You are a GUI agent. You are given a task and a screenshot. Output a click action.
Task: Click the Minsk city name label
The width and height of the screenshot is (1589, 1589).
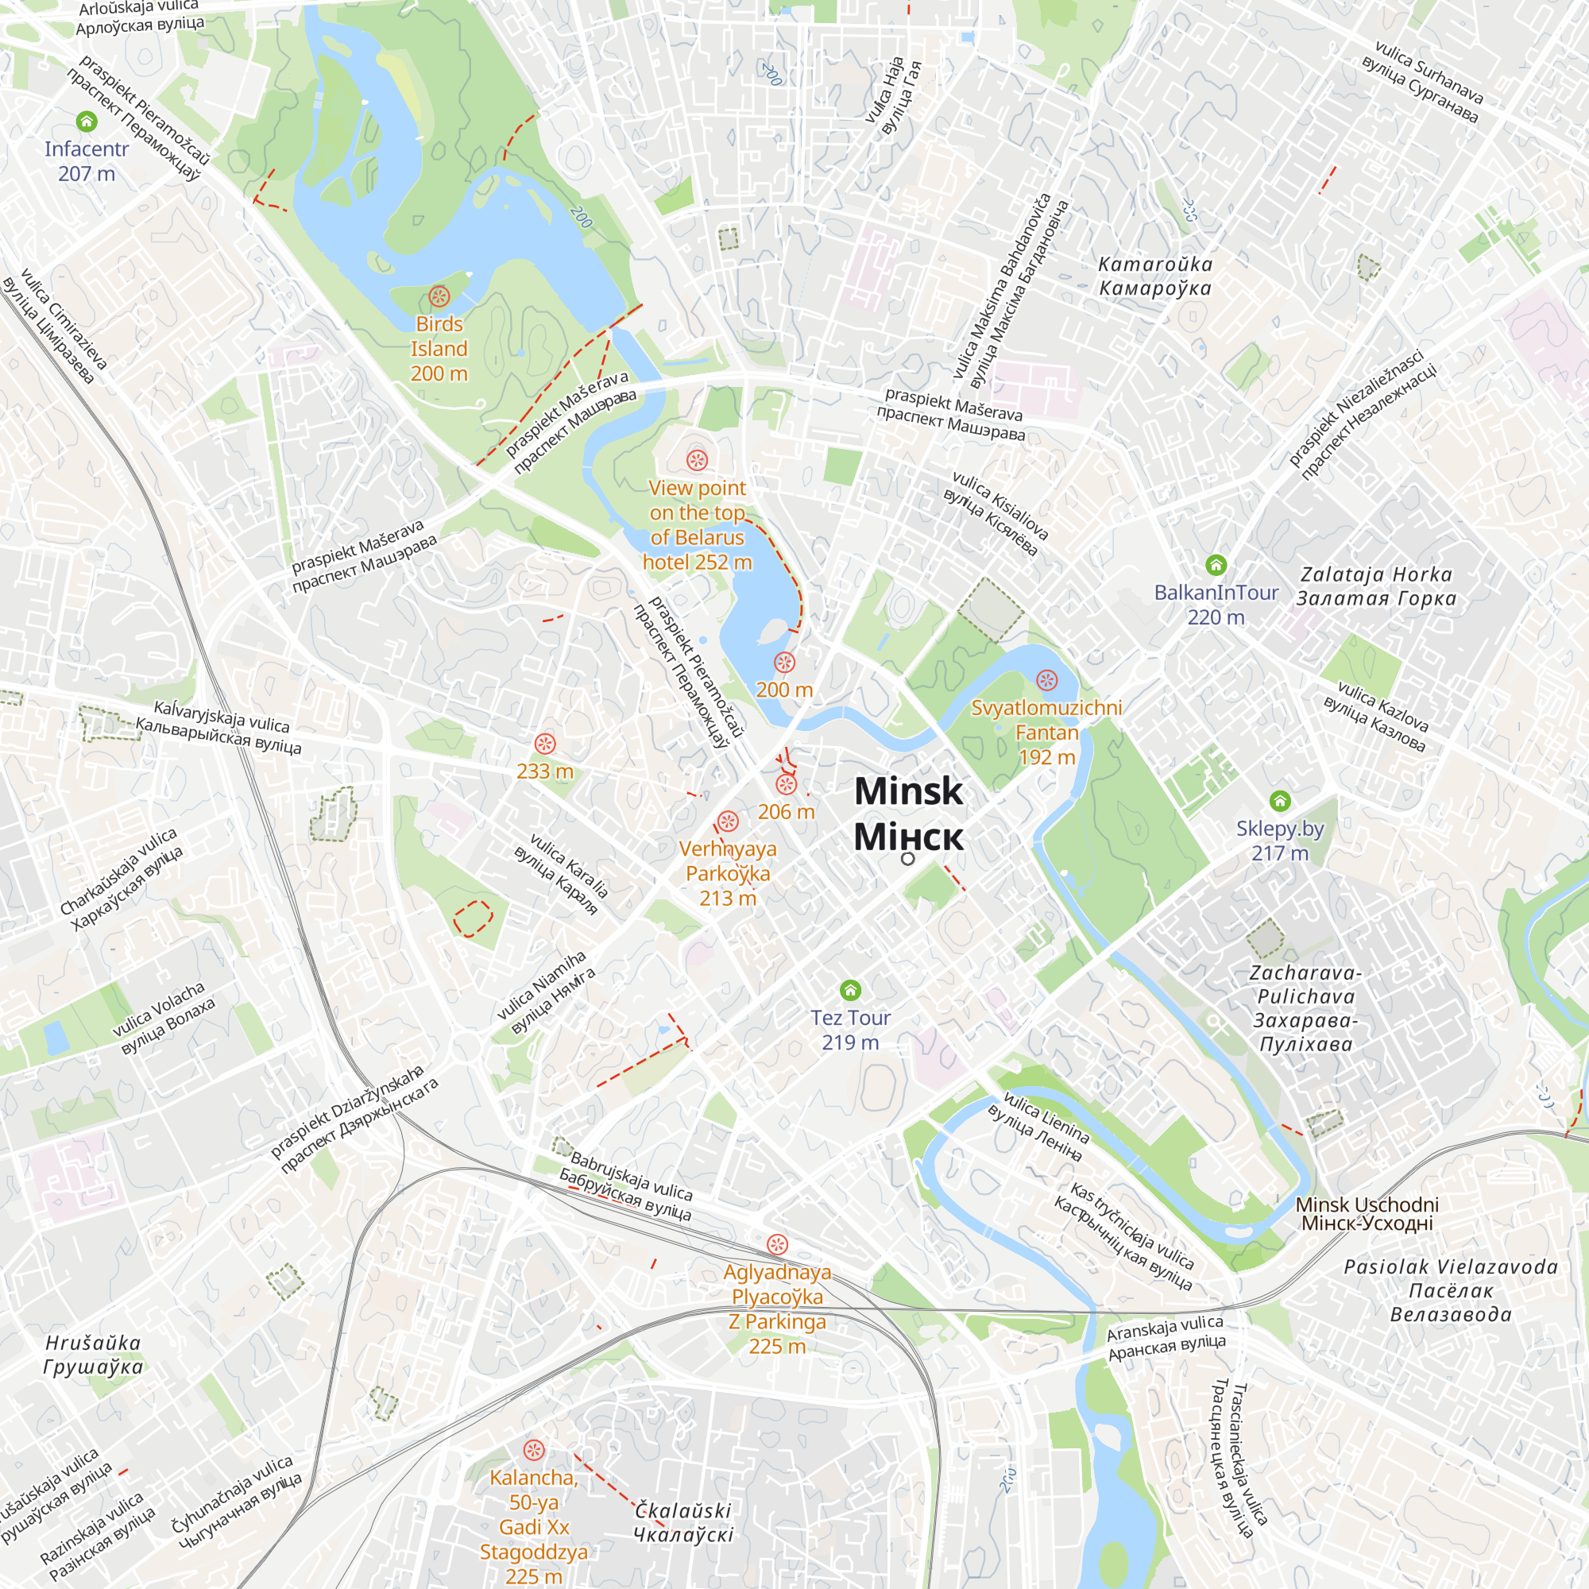coord(908,814)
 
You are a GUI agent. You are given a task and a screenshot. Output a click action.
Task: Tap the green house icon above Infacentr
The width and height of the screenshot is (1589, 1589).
coord(87,122)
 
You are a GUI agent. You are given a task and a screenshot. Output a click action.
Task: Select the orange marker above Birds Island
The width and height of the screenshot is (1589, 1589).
coord(439,296)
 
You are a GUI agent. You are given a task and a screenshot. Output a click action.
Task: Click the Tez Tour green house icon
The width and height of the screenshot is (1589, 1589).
coord(850,989)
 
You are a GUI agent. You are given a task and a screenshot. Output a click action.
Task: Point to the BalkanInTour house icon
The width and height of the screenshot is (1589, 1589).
coord(1216,565)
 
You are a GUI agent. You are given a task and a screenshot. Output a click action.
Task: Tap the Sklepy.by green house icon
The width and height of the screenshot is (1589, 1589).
coord(1280,800)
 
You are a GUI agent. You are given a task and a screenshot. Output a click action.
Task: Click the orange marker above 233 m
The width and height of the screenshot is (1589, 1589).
coord(544,744)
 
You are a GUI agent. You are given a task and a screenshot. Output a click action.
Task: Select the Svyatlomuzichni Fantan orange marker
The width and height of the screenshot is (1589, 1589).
coord(1046,680)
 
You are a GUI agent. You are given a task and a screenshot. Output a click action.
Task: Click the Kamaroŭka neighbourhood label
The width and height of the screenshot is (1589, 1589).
coord(1154,276)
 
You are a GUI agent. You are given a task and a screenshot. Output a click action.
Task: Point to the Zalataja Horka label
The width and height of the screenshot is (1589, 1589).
coord(1376,586)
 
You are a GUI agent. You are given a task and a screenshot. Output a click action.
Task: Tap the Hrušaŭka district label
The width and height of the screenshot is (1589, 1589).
coord(93,1355)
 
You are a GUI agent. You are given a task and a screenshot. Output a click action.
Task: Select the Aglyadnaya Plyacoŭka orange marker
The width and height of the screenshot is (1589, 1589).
coord(777,1244)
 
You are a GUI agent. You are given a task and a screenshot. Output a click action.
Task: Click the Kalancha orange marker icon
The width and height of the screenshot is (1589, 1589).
coord(534,1450)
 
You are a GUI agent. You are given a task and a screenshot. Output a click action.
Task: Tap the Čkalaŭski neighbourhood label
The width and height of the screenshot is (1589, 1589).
coord(682,1521)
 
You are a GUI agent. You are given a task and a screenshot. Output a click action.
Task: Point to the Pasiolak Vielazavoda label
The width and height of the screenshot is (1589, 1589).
coord(1451,1290)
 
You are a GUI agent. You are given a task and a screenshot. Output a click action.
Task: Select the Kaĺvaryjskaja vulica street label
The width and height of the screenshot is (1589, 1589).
coord(219,728)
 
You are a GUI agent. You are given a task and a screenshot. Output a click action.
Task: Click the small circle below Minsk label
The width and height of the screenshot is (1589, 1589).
coord(907,859)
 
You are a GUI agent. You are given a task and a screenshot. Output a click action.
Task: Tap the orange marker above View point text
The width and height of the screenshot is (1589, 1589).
coord(698,460)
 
